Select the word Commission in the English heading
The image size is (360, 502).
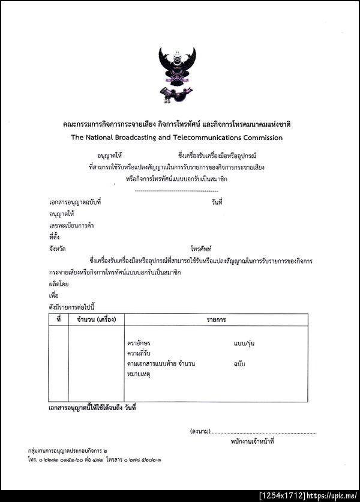click(262, 138)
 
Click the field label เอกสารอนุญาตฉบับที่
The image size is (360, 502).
click(75, 202)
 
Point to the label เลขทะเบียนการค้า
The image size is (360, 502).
click(71, 225)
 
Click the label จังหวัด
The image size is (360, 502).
click(58, 248)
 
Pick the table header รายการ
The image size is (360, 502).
click(216, 319)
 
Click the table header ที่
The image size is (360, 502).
click(58, 319)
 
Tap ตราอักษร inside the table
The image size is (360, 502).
click(139, 343)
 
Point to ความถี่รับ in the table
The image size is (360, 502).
click(140, 353)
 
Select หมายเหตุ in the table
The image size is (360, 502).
click(139, 374)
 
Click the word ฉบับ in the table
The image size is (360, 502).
click(239, 364)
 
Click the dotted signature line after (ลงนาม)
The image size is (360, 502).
click(263, 432)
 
